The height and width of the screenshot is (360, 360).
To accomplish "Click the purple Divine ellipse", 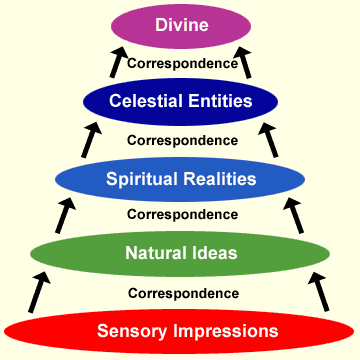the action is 181,26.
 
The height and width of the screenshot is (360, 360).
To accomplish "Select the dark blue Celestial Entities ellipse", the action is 180,102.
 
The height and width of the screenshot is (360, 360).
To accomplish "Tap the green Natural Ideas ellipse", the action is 180,254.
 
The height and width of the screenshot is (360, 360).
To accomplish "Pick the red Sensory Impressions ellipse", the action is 179,332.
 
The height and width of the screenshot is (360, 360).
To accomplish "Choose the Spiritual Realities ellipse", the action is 180,179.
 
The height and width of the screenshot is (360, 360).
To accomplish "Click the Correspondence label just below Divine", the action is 183,63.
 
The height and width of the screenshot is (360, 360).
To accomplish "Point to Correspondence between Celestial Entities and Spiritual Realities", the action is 183,140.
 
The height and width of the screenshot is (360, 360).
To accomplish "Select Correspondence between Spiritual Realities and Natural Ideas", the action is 183,214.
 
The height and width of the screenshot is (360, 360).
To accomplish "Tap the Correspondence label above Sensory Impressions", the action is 183,294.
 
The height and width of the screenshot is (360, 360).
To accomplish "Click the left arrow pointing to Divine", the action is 118,62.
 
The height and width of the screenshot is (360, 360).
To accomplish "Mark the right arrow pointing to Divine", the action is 243,62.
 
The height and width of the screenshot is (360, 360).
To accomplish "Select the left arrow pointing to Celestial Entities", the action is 91,140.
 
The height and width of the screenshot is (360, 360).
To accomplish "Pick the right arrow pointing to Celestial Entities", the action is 268,140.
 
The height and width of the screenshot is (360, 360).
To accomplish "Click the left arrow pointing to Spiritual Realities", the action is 65,215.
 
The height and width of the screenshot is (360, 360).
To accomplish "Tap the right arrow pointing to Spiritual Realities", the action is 294,215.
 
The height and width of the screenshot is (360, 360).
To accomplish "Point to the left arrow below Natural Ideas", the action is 39,292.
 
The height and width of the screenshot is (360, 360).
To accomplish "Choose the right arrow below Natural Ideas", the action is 319,292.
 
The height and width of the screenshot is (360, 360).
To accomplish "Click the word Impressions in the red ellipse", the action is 225,332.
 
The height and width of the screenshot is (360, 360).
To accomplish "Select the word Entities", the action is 220,101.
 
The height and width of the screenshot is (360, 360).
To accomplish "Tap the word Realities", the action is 220,179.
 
